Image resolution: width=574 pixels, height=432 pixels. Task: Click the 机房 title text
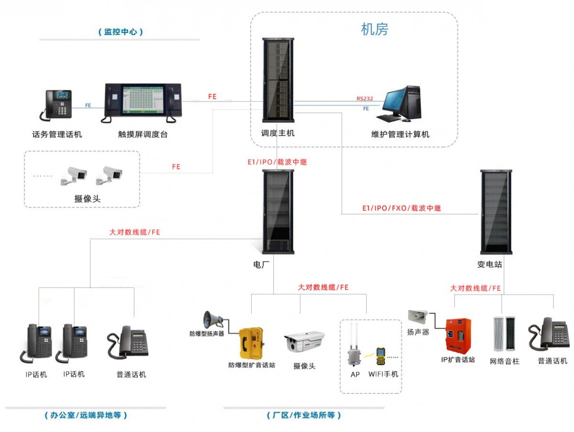point(374,30)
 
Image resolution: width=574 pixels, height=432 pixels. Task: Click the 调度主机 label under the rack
point(277,133)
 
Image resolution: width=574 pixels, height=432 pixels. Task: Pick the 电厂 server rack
point(277,210)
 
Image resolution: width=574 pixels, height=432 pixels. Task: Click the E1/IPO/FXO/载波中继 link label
point(401,209)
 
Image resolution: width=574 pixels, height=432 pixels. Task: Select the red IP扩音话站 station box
point(458,335)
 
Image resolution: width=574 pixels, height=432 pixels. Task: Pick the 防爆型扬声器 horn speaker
point(212,320)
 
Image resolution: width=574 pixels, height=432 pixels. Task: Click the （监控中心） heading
point(121,32)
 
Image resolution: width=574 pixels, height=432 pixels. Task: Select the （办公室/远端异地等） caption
point(86,415)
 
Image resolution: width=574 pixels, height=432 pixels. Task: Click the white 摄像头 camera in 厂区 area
point(304,342)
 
